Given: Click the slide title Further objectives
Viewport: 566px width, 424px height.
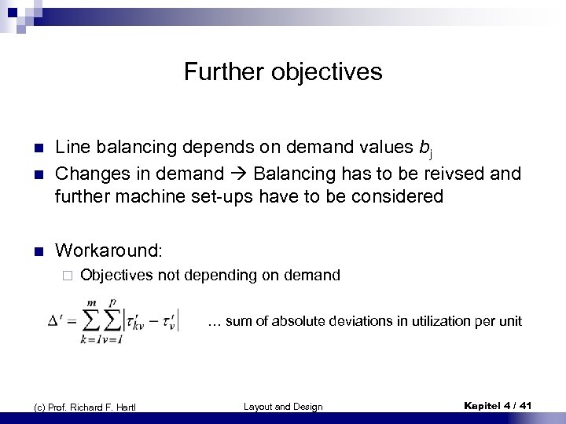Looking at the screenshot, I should point(283,72).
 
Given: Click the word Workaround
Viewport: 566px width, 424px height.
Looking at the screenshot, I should point(108,250).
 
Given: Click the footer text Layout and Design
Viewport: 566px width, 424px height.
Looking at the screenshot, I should point(283,406).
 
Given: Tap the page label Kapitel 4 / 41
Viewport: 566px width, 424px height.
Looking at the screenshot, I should point(498,405).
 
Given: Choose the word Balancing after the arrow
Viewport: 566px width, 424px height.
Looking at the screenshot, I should point(293,173).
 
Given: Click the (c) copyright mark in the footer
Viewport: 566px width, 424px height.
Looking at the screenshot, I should point(39,407).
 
